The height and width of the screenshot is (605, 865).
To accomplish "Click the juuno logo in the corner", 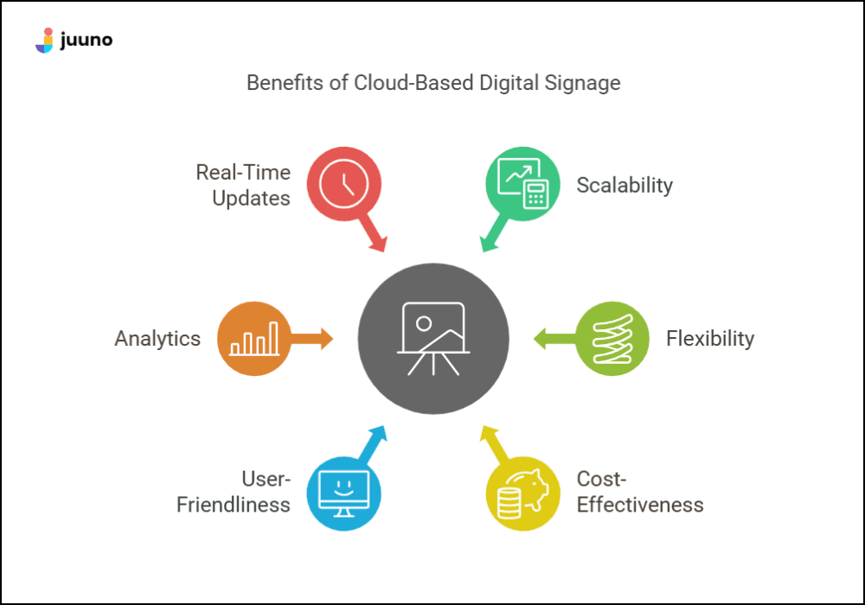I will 74,40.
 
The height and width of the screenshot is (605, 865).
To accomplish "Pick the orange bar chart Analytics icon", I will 253,339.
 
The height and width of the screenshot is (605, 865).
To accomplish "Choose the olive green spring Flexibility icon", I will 612,339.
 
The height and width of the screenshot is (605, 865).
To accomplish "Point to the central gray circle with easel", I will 433,339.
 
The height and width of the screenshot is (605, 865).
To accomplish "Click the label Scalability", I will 625,185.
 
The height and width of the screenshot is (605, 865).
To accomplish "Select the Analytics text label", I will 157,339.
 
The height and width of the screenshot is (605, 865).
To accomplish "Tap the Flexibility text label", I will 710,339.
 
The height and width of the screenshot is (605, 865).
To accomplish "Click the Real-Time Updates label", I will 243,185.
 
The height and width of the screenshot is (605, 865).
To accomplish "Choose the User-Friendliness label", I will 234,493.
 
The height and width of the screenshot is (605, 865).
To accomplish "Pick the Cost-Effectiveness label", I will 640,493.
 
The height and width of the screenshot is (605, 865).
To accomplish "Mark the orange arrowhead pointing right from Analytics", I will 325,339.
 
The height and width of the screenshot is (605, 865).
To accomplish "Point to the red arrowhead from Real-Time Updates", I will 378,245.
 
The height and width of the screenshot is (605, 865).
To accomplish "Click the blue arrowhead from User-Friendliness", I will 378,433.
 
